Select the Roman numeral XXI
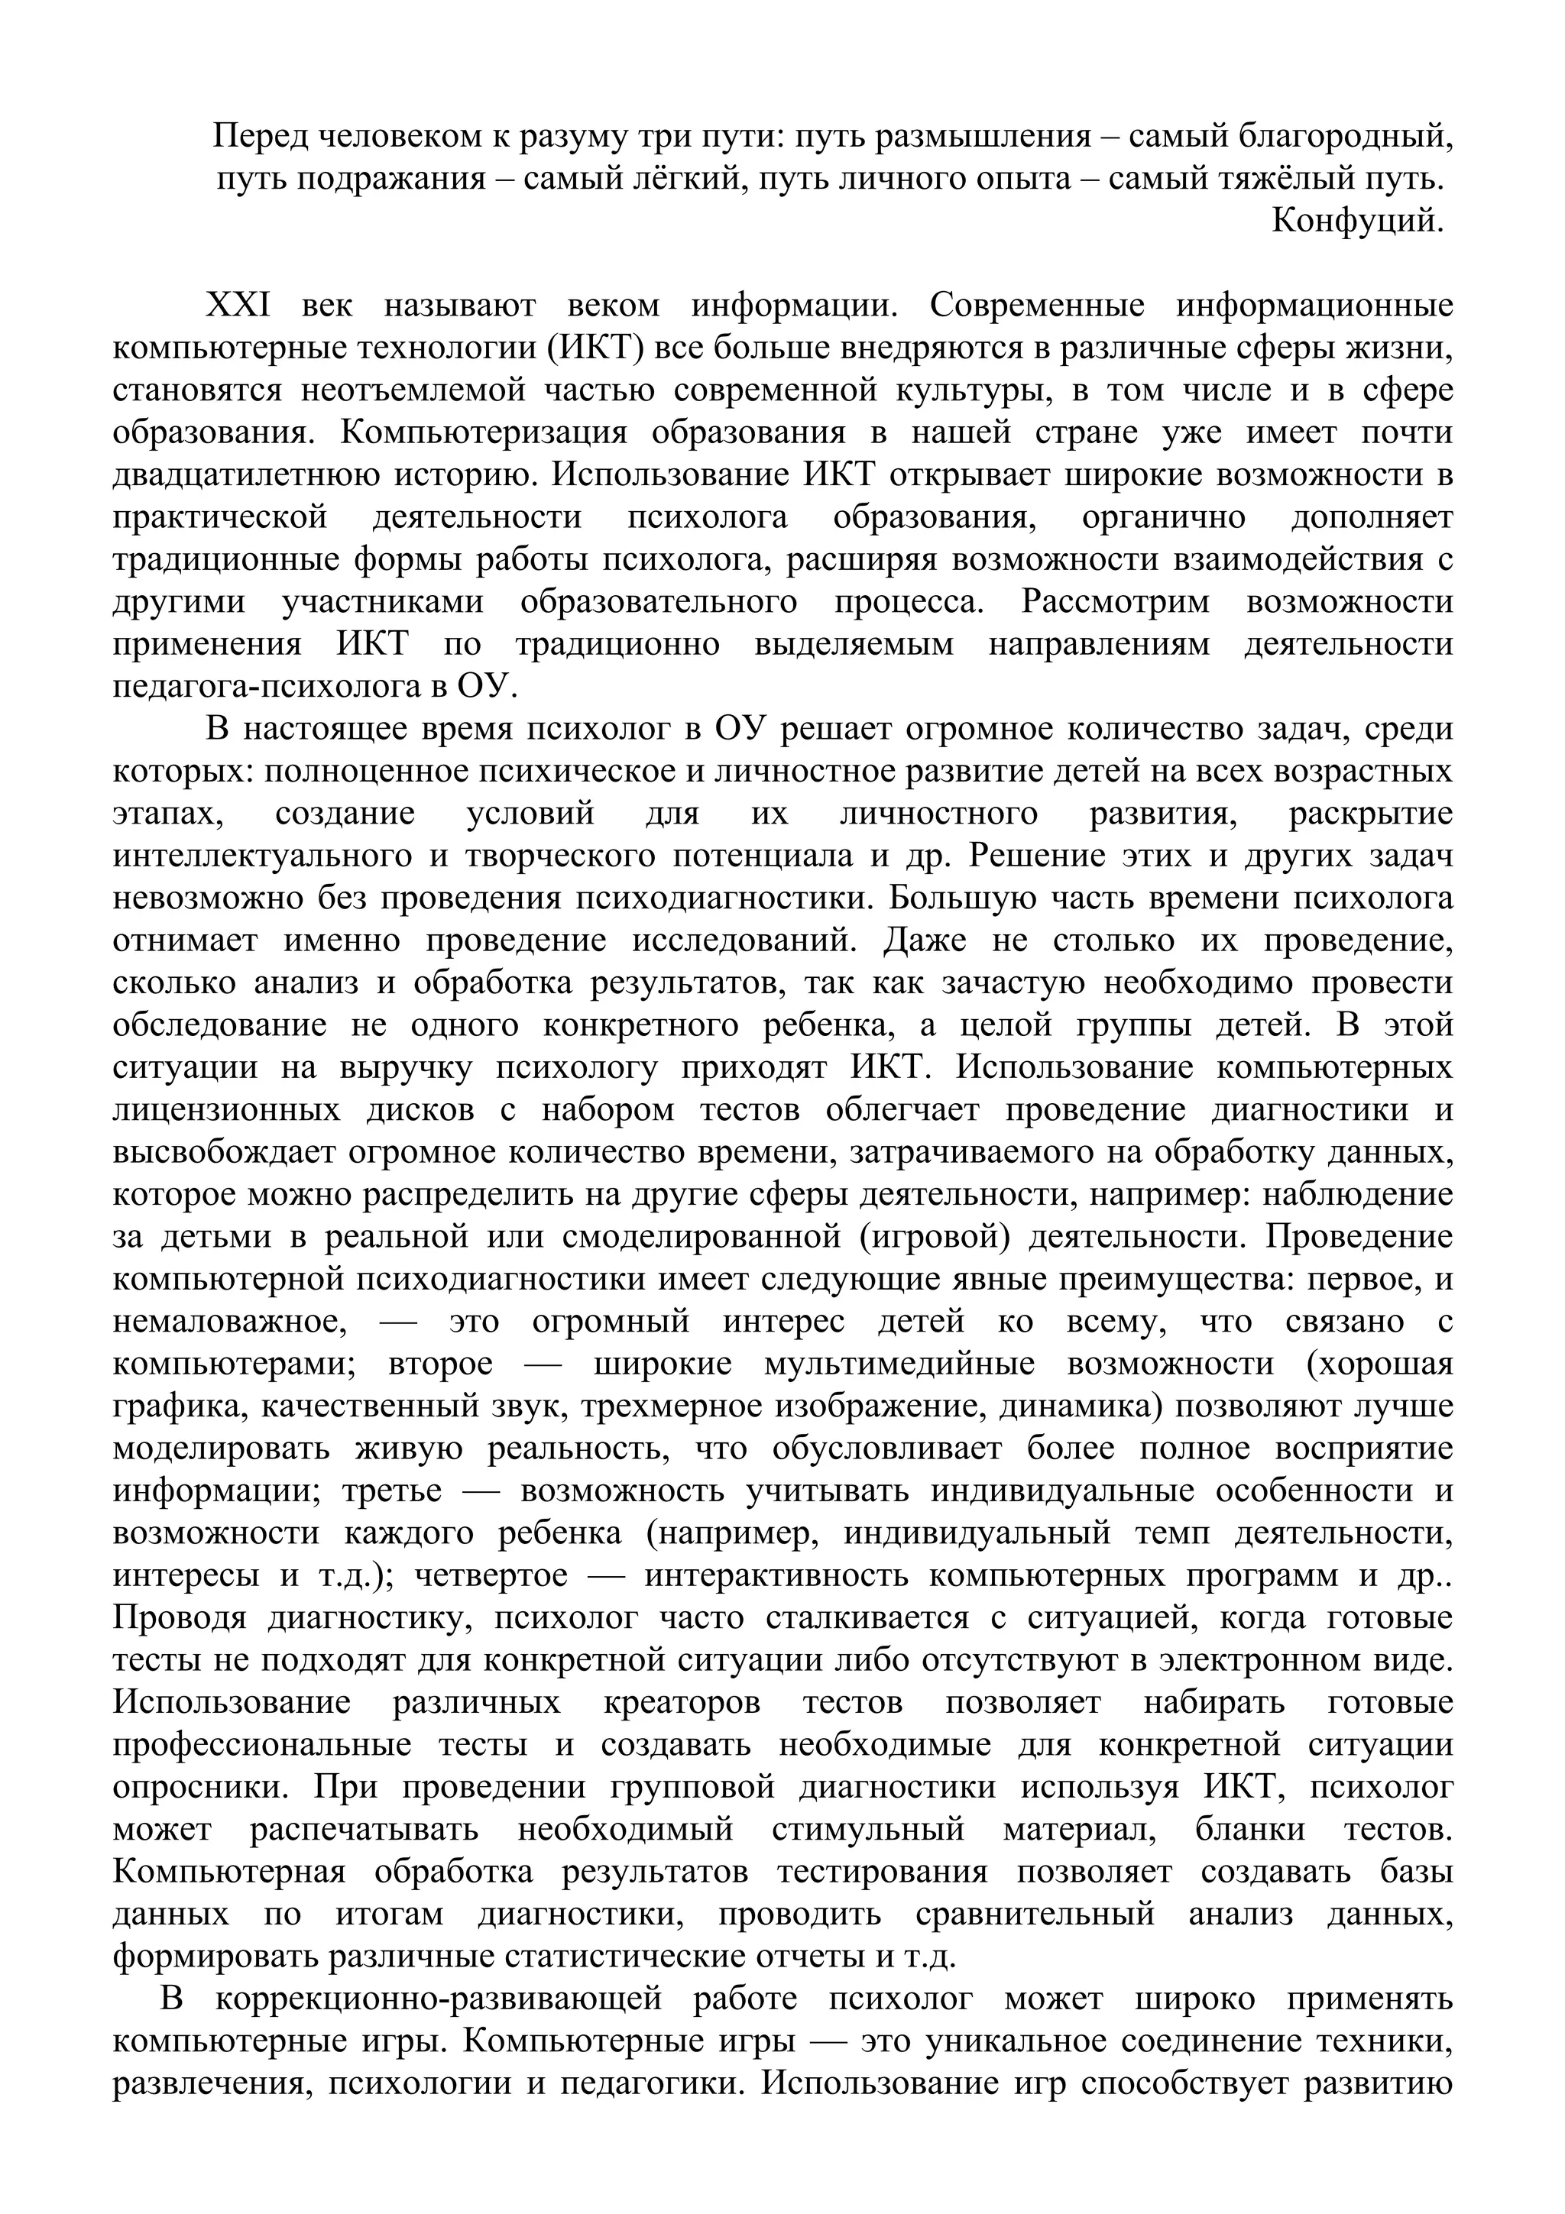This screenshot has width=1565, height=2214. [x=239, y=306]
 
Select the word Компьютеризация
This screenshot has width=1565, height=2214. [x=483, y=433]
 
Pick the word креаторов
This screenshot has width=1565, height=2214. [x=682, y=1703]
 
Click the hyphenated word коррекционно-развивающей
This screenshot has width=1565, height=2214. [x=439, y=2000]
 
